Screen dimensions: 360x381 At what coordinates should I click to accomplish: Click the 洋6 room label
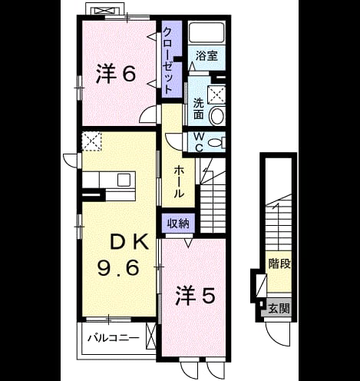click(115, 74)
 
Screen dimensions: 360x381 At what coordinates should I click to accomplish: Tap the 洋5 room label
click(195, 296)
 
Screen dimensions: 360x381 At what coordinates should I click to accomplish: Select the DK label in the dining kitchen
click(129, 241)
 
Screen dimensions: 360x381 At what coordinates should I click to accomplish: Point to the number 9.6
click(118, 267)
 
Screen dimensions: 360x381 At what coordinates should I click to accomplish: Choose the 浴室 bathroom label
click(206, 56)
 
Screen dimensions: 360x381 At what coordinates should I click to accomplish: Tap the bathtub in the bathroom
click(206, 33)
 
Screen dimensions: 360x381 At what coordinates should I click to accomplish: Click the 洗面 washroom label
click(198, 108)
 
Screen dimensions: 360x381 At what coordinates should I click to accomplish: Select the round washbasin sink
click(217, 115)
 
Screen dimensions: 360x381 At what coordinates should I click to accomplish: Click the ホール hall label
click(179, 181)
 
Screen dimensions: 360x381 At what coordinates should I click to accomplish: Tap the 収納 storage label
click(178, 224)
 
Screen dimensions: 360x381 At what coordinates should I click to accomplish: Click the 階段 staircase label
click(279, 263)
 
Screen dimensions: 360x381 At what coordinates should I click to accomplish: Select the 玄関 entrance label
click(279, 308)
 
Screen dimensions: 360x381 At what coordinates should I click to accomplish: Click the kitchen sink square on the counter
click(124, 180)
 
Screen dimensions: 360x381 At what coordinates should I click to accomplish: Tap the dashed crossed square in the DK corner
click(92, 141)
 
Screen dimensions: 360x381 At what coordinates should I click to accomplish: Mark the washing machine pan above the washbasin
click(216, 95)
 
